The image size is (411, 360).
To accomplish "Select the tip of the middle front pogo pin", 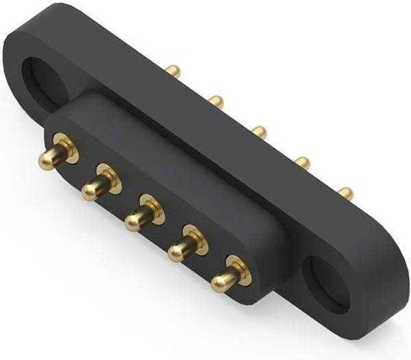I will [133, 220].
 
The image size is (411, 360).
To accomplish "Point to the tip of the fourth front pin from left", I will [177, 252].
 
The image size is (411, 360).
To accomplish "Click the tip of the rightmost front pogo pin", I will [221, 281].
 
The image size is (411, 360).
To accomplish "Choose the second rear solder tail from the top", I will [216, 101].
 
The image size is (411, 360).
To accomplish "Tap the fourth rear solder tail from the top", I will [302, 163].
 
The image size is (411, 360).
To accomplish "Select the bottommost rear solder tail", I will [347, 193].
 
